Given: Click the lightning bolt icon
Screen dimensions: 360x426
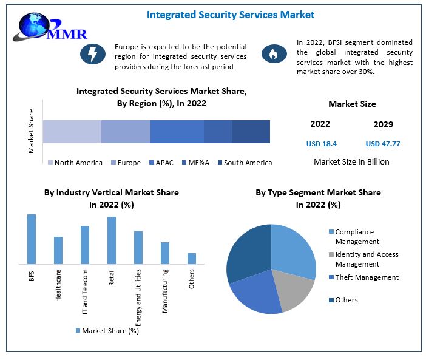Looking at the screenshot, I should [x=93, y=54].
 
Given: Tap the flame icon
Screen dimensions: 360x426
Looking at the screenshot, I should [x=274, y=54].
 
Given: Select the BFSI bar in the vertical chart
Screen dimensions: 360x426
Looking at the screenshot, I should [x=32, y=239].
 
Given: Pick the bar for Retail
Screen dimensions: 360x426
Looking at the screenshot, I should [x=112, y=240].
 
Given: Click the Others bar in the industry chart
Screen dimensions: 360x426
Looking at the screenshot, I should [x=192, y=258].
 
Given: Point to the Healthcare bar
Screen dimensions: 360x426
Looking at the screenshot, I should [x=58, y=250].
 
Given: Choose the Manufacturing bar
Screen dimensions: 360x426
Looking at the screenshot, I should [x=165, y=253].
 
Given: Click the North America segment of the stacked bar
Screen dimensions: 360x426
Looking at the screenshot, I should [x=72, y=131].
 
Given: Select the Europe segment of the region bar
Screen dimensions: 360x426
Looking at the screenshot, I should [x=126, y=131].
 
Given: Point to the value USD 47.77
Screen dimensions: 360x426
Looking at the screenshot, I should [x=383, y=144].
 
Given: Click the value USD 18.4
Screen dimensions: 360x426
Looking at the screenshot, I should [x=320, y=144].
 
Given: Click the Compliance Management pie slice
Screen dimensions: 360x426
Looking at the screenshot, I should [x=294, y=249].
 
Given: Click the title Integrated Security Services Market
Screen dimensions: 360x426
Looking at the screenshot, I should [x=231, y=14].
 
